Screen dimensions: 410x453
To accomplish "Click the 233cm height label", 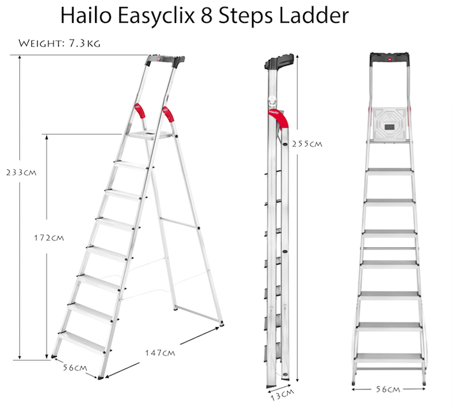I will click(x=19, y=172).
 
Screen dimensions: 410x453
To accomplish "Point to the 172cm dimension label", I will click(x=50, y=238).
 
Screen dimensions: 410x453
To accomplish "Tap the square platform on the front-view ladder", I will click(x=388, y=122).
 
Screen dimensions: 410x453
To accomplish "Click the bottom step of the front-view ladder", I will click(x=388, y=358).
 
